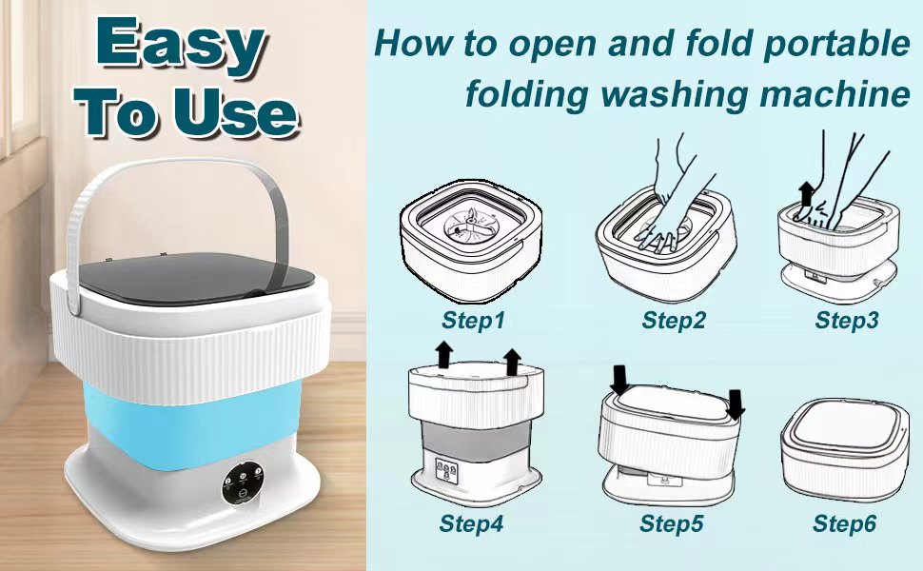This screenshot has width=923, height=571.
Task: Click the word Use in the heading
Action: (235, 112)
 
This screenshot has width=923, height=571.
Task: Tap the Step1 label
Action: (473, 320)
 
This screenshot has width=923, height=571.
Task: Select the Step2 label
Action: (673, 320)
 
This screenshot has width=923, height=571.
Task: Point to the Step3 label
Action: (847, 320)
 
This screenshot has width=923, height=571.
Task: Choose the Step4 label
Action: (472, 522)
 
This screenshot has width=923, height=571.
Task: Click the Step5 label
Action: (672, 522)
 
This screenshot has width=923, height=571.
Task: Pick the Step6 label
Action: (845, 522)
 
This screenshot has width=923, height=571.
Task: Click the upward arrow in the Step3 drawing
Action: (807, 193)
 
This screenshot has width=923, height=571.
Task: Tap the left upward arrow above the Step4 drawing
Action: (443, 355)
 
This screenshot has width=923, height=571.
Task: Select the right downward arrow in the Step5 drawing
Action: (736, 405)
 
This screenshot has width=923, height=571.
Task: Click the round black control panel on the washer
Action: (242, 482)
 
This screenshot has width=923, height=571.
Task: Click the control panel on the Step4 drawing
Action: (446, 471)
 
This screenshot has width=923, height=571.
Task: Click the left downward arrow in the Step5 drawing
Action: (619, 380)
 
